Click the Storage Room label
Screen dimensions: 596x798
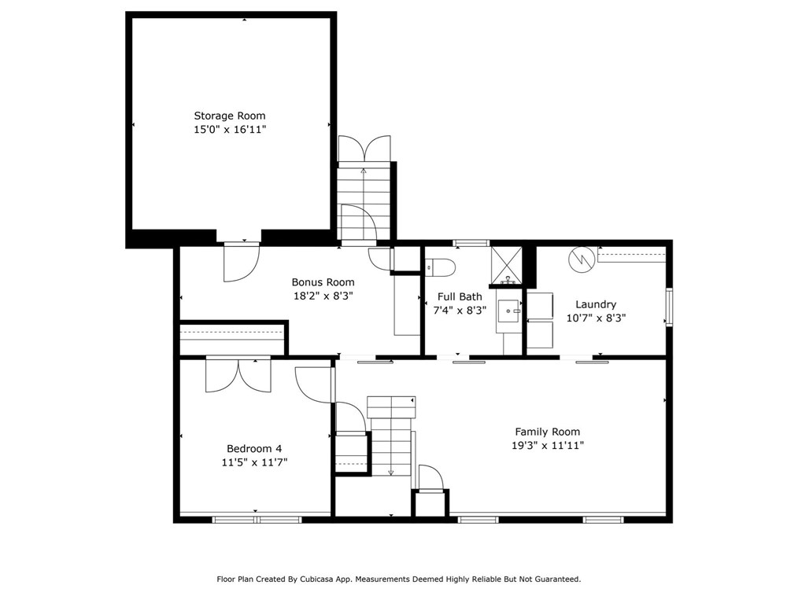click(x=230, y=116)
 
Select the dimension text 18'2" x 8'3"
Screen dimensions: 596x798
click(x=323, y=296)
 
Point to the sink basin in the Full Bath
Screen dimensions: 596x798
click(x=510, y=311)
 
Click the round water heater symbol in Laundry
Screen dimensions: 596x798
click(x=582, y=259)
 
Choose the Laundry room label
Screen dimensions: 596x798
click(x=596, y=304)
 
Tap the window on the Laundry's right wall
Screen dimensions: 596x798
click(x=668, y=307)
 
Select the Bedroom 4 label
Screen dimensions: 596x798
click(x=253, y=449)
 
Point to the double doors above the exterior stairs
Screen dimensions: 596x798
click(x=364, y=149)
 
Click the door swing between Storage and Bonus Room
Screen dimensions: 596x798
click(x=241, y=262)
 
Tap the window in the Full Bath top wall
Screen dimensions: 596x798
click(x=471, y=243)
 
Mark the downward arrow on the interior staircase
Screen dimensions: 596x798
click(x=391, y=471)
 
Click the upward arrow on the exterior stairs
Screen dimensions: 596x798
click(x=364, y=170)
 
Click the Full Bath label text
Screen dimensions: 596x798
click(x=460, y=296)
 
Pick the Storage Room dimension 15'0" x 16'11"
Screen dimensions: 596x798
click(x=230, y=130)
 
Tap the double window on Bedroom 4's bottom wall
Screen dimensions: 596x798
click(x=257, y=519)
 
